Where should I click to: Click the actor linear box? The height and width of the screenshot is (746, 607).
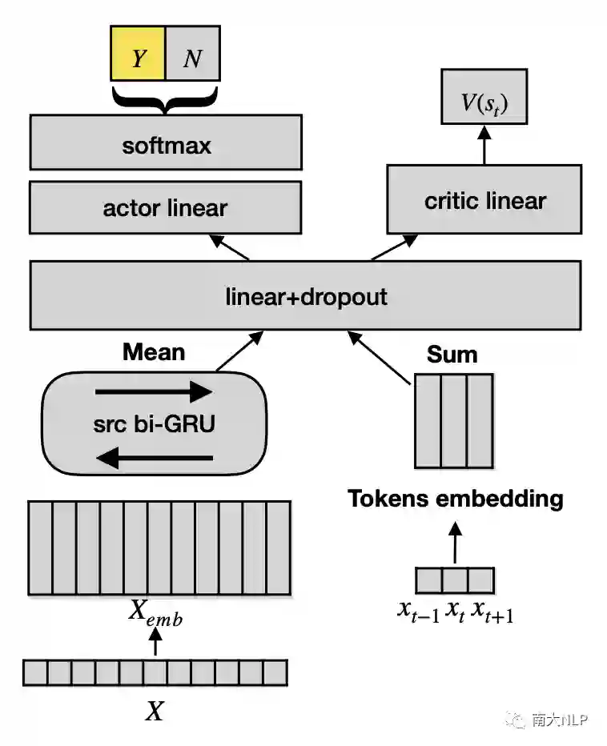pos(165,208)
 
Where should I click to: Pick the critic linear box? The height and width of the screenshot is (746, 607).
pos(484,199)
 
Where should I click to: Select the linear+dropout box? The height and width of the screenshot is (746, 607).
pos(305,297)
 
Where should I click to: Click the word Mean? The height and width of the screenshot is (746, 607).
pos(154,352)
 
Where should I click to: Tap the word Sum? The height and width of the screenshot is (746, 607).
pos(452,355)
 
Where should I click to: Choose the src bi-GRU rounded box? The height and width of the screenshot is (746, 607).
pos(153,424)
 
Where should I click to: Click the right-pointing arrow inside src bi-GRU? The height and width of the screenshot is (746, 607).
pos(153,392)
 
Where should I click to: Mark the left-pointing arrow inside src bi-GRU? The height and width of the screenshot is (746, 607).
pos(153,459)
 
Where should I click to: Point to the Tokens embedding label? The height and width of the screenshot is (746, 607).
pos(455,499)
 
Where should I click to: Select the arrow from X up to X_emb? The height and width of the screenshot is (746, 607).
pos(156,643)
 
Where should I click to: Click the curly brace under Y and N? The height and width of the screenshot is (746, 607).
pos(165,99)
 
